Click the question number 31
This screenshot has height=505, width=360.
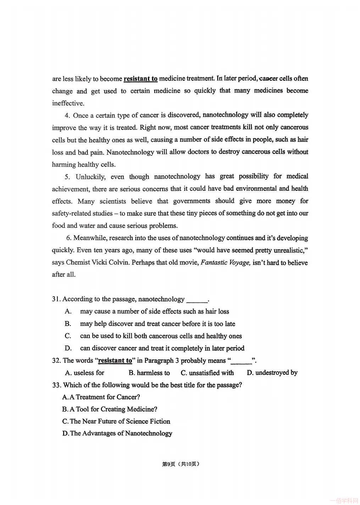pyautogui.click(x=56, y=299)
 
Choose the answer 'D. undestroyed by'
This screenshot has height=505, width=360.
pyautogui.click(x=272, y=373)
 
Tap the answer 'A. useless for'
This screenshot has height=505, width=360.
pyautogui.click(x=85, y=373)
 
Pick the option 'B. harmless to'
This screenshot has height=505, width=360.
pyautogui.click(x=149, y=373)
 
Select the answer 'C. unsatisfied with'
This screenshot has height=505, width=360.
pyautogui.click(x=207, y=373)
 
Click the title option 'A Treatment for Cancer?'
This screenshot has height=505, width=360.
pyautogui.click(x=101, y=397)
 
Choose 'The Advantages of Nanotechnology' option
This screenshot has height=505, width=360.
pyautogui.click(x=117, y=433)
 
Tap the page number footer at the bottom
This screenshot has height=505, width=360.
pyautogui.click(x=181, y=464)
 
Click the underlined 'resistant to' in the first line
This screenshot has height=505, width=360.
pyautogui.click(x=140, y=79)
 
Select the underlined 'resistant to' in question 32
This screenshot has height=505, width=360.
pyautogui.click(x=115, y=361)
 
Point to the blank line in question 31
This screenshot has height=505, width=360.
pyautogui.click(x=197, y=300)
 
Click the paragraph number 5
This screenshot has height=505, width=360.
pyautogui.click(x=67, y=177)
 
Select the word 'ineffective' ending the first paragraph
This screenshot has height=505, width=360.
pyautogui.click(x=68, y=104)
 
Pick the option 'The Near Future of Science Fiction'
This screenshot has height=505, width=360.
pyautogui.click(x=116, y=421)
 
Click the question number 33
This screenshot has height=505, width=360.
pyautogui.click(x=56, y=385)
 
